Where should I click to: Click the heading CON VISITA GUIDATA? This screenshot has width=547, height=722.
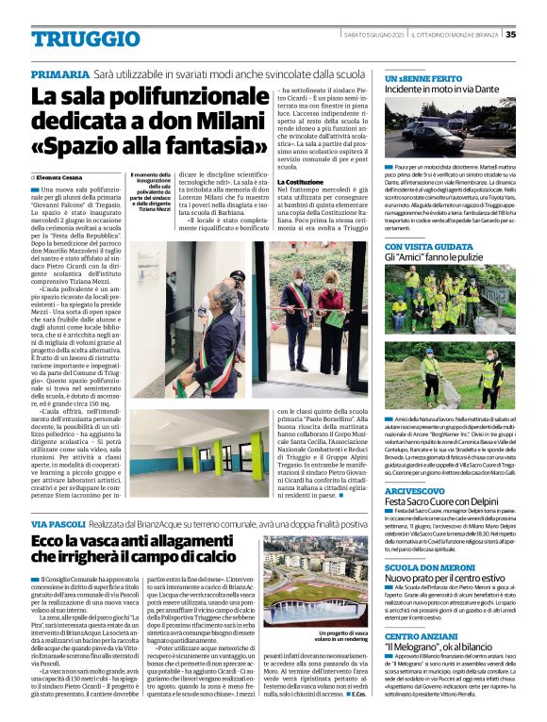tap(420, 244)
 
